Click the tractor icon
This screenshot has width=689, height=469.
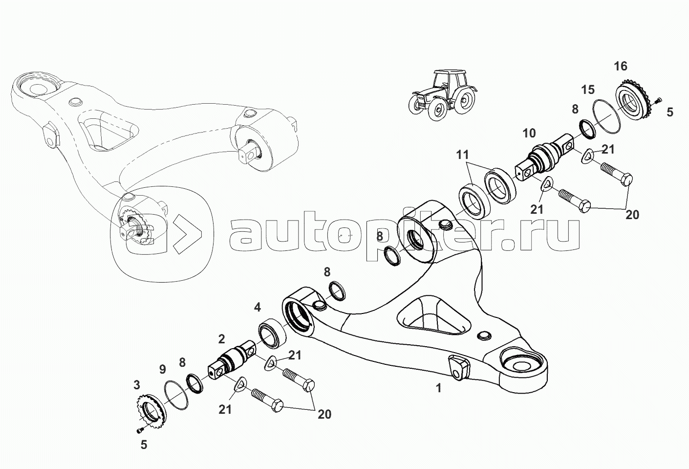point(441,95)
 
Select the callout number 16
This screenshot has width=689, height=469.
point(621,66)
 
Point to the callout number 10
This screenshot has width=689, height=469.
point(529,133)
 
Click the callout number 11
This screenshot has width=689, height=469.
point(462,156)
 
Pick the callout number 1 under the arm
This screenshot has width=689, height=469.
point(438,388)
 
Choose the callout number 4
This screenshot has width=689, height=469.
point(257,308)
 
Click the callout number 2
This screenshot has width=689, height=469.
point(221,338)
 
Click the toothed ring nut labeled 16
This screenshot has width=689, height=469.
point(634,100)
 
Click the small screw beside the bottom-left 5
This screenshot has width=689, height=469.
point(139,429)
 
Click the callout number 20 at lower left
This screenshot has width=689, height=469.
point(324,414)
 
